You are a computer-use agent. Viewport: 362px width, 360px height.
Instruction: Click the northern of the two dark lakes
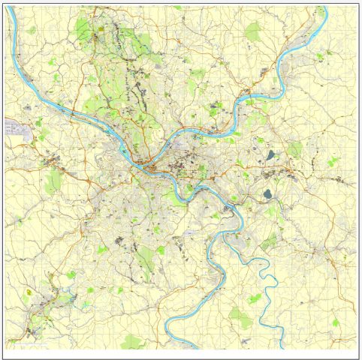coord(270,156)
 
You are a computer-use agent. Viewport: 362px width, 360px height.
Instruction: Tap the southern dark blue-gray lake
coord(267,193)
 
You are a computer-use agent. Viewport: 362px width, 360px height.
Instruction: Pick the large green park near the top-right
coord(253,31)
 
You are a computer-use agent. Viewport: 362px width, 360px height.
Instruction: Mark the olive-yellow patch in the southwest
coord(30,292)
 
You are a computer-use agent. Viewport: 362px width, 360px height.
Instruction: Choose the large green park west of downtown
coord(53,181)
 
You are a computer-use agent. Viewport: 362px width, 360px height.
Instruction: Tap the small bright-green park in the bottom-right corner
coord(336,323)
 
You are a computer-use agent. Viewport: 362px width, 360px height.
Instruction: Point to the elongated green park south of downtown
coord(146,259)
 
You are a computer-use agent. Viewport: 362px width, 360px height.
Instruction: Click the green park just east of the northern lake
coord(295,148)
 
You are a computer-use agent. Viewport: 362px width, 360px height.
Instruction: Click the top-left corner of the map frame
coord(5,5)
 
